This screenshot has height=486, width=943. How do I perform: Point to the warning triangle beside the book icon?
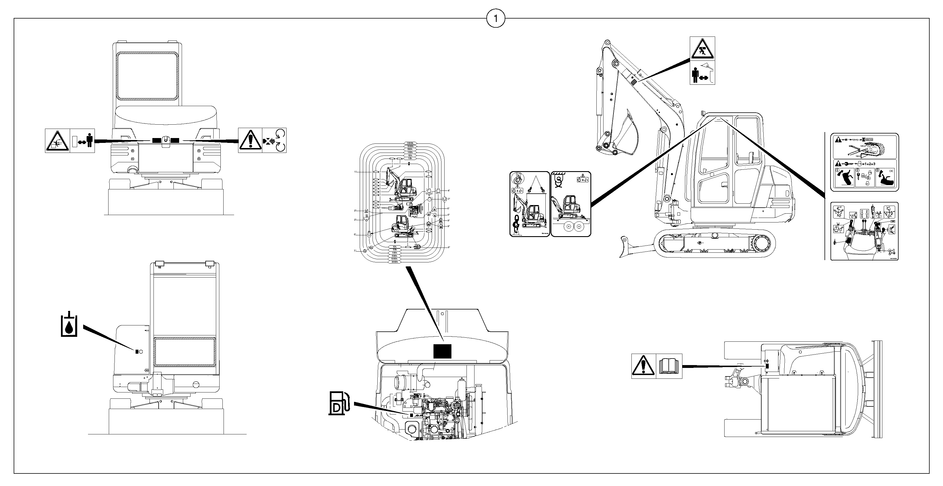coord(643,366)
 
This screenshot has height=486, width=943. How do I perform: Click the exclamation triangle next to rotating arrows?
coord(250,140)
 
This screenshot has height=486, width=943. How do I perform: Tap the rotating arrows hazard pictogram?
coord(274,140)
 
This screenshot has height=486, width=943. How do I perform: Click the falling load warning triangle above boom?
coord(702,48)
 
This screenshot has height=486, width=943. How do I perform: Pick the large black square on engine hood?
coord(442,351)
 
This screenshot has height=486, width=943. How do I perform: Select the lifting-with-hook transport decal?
coord(529,204)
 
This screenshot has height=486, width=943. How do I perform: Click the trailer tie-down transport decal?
coord(571,204)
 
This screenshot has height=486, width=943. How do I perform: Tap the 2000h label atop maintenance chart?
coord(410,143)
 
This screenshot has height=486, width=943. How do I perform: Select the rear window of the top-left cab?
coord(147,76)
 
